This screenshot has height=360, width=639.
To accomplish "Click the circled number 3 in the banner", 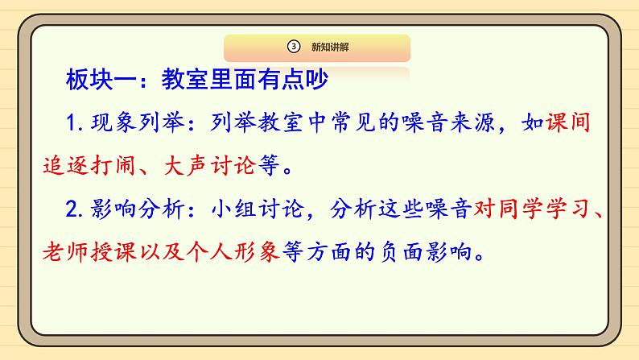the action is [x=294, y=47].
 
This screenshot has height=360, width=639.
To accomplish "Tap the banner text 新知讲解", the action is [x=330, y=47].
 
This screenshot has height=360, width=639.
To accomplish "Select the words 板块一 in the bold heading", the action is [x=101, y=79].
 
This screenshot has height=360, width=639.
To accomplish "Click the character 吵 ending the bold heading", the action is [x=317, y=79].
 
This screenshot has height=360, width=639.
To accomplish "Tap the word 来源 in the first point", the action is [x=472, y=122].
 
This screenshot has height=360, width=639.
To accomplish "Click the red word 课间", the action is [x=567, y=122].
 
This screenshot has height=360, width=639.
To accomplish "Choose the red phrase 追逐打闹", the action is [x=89, y=166].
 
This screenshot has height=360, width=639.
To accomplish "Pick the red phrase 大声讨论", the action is [x=209, y=166].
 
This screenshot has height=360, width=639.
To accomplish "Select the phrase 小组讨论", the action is [x=258, y=209].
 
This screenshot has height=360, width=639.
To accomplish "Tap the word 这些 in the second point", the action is [x=401, y=209].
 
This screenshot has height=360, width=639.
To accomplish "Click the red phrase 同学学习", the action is [x=545, y=209].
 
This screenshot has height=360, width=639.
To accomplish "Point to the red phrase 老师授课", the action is [x=89, y=251].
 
